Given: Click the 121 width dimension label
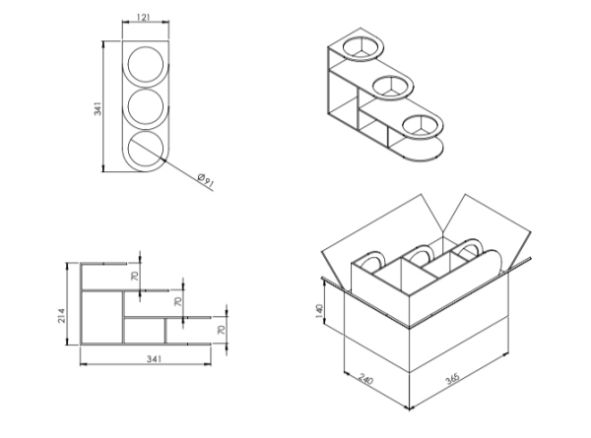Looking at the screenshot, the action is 144,17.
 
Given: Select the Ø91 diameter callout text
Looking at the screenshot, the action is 206,180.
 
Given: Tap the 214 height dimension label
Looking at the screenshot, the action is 61,316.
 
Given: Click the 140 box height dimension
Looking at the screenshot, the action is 319,311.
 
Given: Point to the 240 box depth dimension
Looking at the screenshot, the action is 365,379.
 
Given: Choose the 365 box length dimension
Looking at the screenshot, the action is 452,378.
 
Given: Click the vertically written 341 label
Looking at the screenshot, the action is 98,108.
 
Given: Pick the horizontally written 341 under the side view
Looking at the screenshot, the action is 154,359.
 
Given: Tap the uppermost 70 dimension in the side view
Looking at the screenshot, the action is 135,276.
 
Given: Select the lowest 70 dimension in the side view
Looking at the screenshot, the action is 222,330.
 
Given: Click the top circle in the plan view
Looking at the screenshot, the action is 146,64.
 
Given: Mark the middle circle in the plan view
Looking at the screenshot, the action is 146,107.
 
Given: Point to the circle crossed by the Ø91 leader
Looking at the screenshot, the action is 146,150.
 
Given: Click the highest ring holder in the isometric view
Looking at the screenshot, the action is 363,48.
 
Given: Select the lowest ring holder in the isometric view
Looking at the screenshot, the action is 422,126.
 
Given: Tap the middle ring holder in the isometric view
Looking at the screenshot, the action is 393,88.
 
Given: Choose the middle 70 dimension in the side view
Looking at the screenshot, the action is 178,301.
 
